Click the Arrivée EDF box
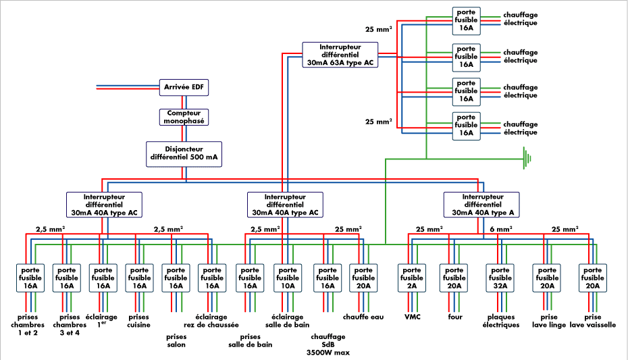[184, 87]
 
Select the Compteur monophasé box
[184, 117]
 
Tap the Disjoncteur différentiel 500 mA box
[184, 153]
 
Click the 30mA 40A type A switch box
[481, 204]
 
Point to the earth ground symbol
[527, 159]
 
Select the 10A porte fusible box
[288, 278]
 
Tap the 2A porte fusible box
[413, 278]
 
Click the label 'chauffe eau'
[364, 316]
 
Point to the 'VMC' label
[413, 316]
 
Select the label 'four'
[454, 316]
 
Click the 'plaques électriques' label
[502, 320]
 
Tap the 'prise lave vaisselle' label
[592, 320]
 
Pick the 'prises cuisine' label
[138, 320]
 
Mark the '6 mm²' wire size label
[500, 229]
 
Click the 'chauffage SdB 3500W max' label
[328, 344]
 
